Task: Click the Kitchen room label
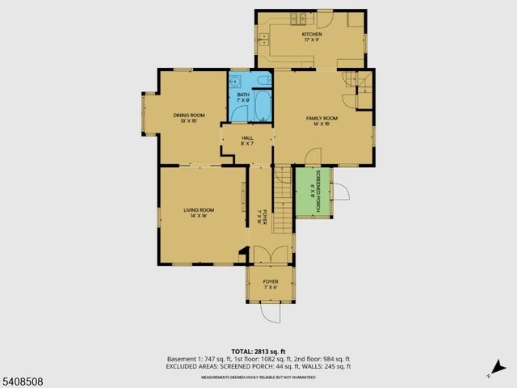(x=312, y=37)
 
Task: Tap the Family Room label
(x=322, y=121)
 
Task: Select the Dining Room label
(x=188, y=118)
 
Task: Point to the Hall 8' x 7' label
(x=247, y=141)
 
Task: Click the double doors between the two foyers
(x=270, y=255)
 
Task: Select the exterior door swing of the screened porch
(x=341, y=193)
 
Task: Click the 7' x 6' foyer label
(x=270, y=284)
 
